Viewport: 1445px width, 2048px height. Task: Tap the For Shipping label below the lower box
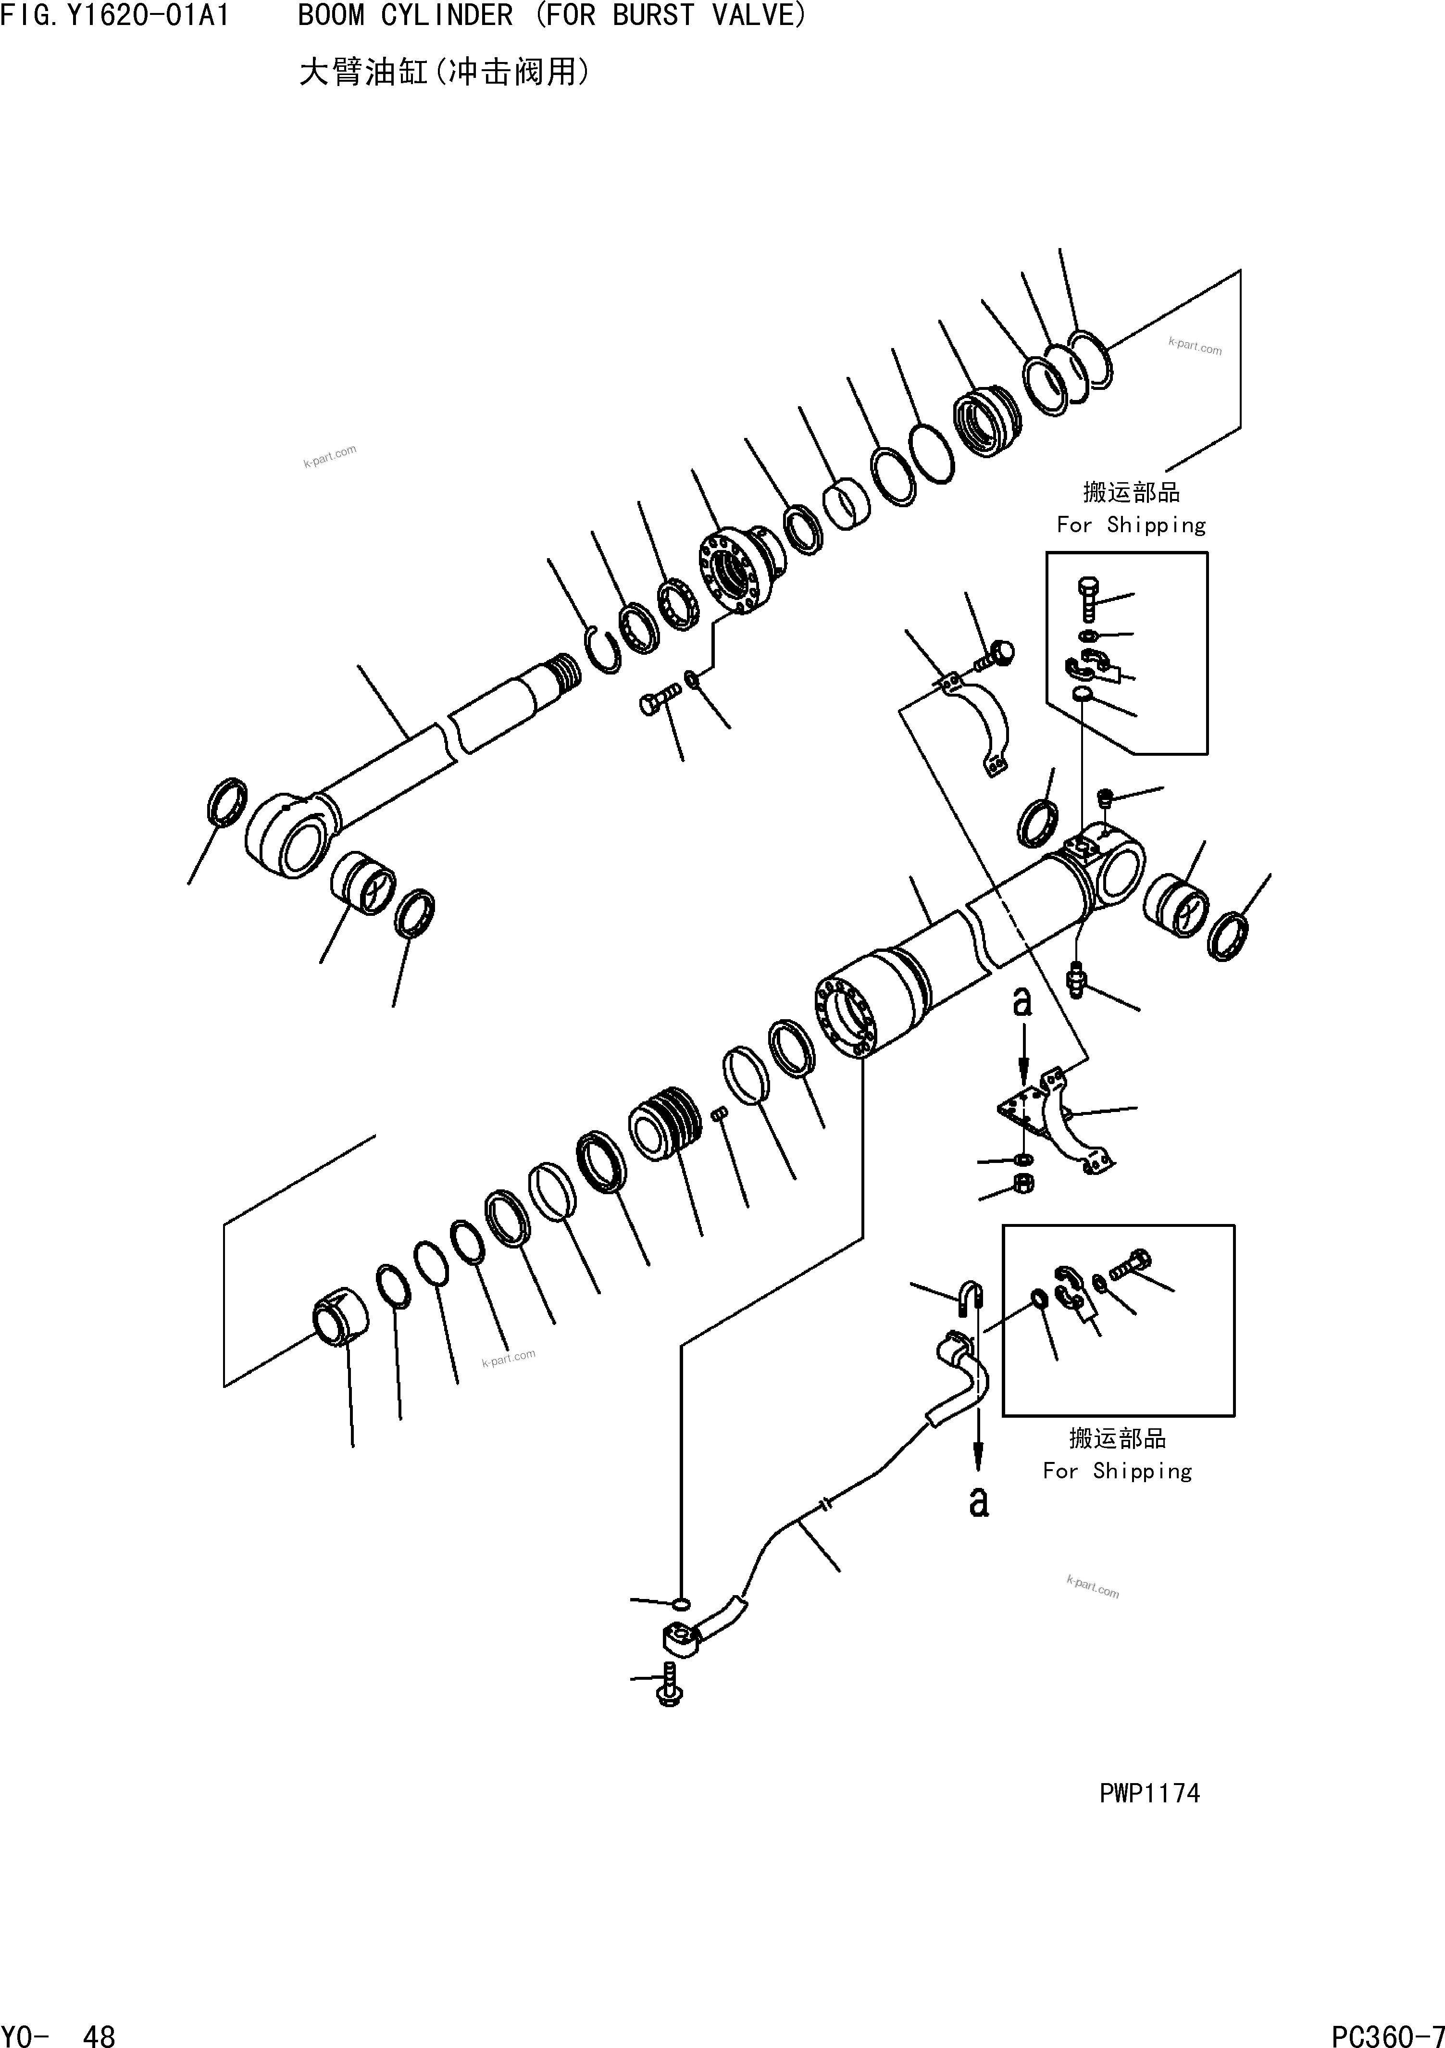coord(1117,1471)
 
